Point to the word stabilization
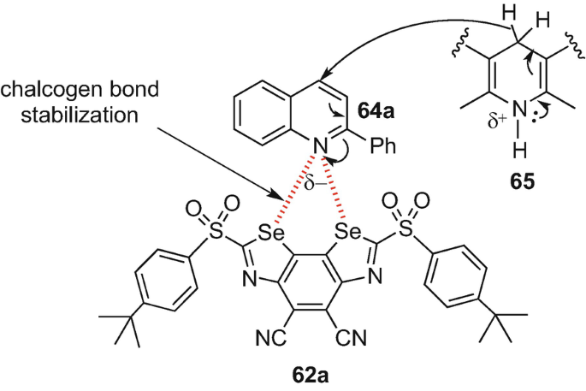(66, 114)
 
